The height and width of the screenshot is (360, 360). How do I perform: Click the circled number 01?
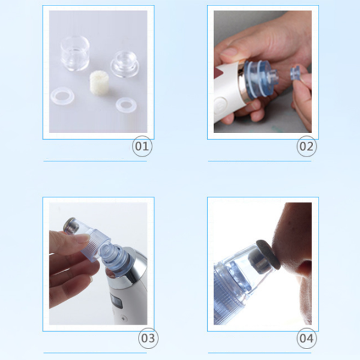click(142, 146)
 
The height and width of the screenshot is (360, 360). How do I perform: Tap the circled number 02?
click(307, 146)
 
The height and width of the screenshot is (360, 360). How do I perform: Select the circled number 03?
click(148, 338)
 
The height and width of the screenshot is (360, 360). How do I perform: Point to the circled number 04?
click(307, 338)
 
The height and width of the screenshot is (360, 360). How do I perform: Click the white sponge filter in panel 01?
click(98, 82)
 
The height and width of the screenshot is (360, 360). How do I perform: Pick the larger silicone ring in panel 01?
click(62, 96)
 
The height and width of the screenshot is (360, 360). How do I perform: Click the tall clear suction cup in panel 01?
click(75, 53)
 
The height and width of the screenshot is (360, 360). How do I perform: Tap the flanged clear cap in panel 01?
click(125, 64)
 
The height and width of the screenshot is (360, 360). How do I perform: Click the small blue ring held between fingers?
click(295, 73)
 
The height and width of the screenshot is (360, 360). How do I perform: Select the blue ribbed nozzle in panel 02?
click(260, 79)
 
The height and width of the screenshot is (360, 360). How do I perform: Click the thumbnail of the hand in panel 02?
click(229, 52)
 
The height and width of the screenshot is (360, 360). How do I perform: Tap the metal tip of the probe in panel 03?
click(70, 224)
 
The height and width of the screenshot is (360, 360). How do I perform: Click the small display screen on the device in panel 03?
click(115, 301)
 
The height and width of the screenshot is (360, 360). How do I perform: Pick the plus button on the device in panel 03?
click(124, 319)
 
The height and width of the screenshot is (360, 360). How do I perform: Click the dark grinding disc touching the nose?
click(268, 254)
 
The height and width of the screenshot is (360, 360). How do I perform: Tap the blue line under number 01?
click(95, 161)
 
